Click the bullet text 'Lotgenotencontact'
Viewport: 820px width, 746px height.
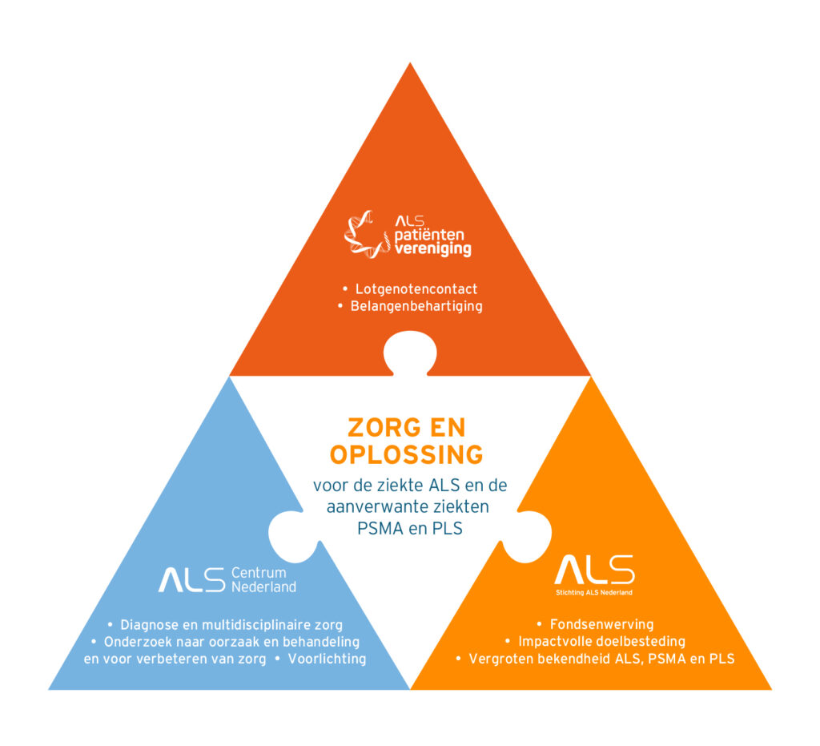coord(416,288)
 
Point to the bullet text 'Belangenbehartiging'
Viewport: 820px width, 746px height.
coord(416,306)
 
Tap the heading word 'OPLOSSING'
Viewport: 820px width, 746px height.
coord(407,454)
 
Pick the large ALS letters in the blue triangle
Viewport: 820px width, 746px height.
coord(191,579)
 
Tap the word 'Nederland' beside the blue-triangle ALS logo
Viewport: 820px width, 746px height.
coord(263,587)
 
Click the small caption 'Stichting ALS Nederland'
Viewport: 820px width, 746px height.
coord(594,593)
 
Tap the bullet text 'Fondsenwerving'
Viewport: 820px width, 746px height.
coord(601,624)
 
